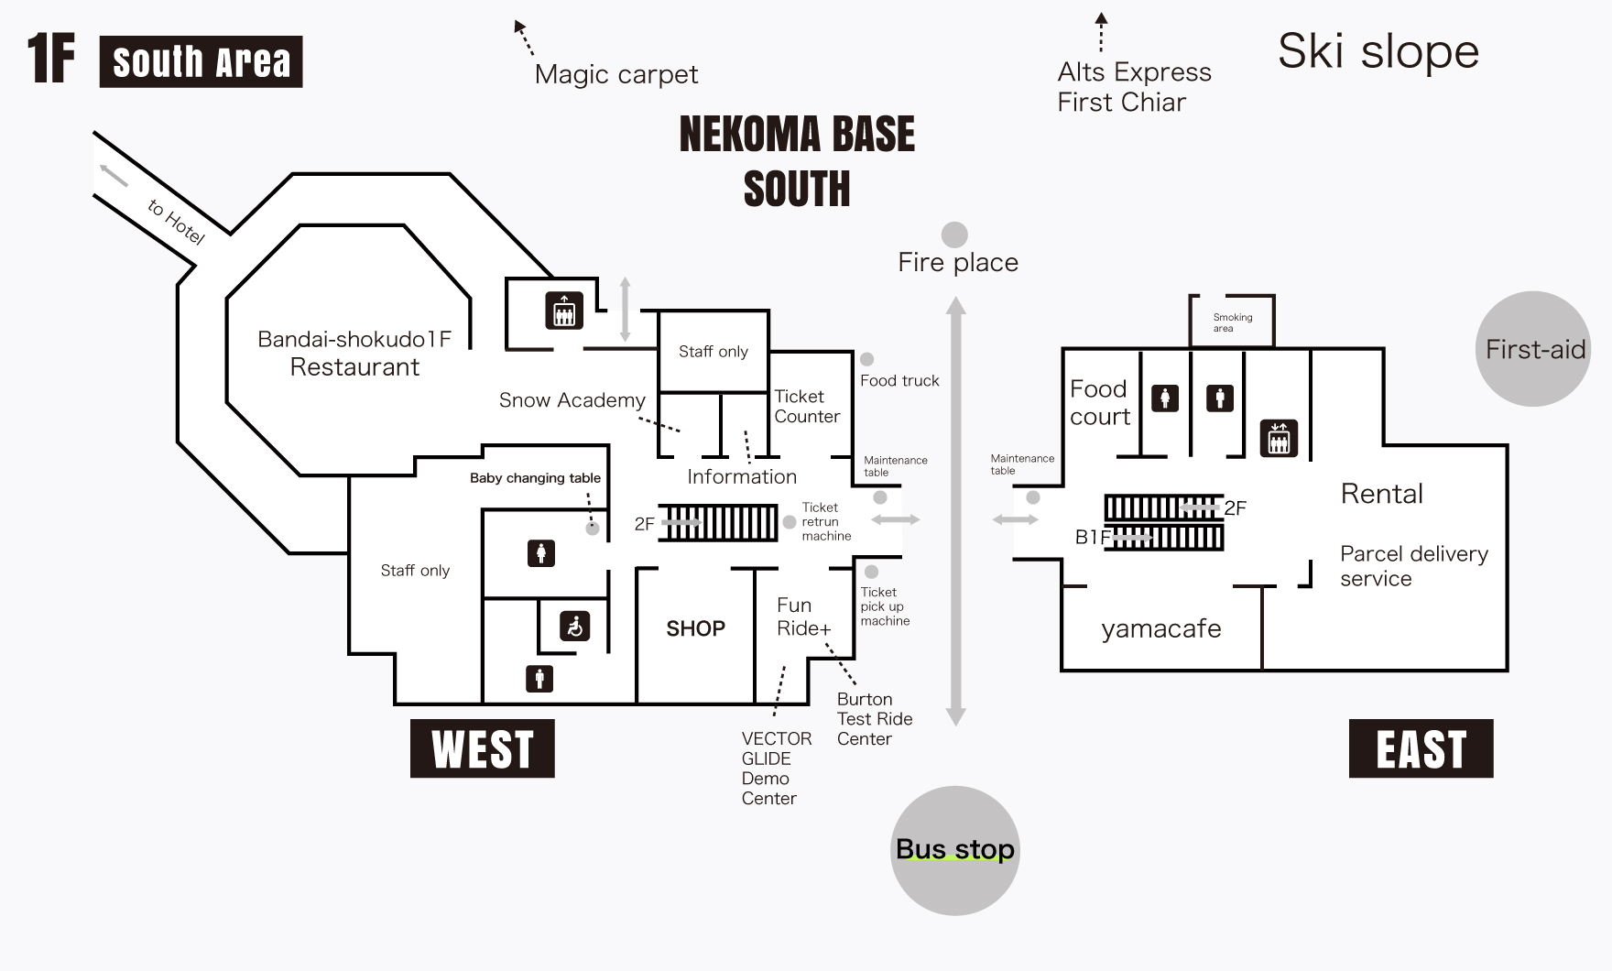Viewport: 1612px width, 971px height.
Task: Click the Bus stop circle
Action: coord(954,850)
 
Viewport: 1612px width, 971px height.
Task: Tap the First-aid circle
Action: coord(1532,349)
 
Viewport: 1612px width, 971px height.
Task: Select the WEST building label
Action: coord(483,748)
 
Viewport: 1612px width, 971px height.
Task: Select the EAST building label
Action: coord(1421,748)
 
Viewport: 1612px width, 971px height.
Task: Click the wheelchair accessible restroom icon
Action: coord(574,627)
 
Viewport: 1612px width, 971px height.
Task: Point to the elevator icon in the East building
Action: coord(1279,438)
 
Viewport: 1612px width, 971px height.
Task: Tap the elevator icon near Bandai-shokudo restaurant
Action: coord(564,311)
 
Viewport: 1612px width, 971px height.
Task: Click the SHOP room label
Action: coord(695,628)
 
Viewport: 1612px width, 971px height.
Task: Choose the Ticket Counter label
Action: coord(806,406)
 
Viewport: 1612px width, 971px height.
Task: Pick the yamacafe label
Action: coord(1160,628)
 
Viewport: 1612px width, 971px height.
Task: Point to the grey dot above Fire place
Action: coord(954,235)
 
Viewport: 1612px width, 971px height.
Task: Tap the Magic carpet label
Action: coord(615,74)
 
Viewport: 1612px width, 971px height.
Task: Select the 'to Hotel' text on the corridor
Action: coord(176,222)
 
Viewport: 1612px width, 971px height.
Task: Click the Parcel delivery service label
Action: coord(1413,566)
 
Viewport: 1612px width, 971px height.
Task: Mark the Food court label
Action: coord(1099,402)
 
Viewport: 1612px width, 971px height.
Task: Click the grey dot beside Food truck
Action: coord(866,359)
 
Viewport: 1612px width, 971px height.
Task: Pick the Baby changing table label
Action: coord(535,478)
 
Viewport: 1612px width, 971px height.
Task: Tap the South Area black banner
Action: coord(201,61)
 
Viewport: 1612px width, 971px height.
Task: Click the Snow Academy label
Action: coord(572,400)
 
